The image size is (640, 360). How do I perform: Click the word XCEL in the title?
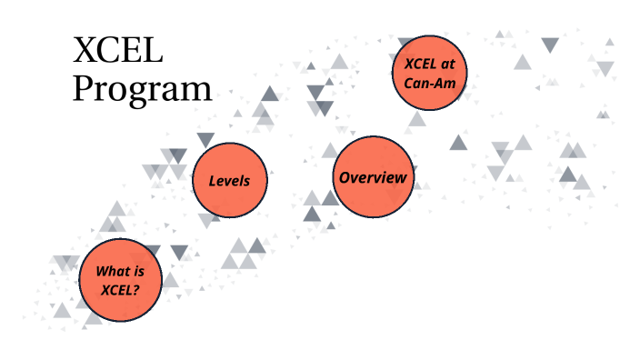[x=118, y=51]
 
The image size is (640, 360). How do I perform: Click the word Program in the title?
[x=143, y=89]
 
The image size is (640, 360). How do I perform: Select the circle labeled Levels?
[x=229, y=180]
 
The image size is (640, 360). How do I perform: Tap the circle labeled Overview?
[x=373, y=176]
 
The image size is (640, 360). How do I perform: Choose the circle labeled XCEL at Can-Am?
[x=430, y=72]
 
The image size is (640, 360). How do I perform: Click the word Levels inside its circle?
[x=229, y=181]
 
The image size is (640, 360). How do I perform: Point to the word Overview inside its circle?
[x=373, y=177]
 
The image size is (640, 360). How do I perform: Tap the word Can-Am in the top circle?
[x=430, y=84]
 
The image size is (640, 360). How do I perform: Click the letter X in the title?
[x=86, y=51]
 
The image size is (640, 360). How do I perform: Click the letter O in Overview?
[x=345, y=177]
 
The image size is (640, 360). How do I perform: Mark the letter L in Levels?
[x=213, y=181]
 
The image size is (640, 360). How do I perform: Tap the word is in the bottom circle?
[x=136, y=270]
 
